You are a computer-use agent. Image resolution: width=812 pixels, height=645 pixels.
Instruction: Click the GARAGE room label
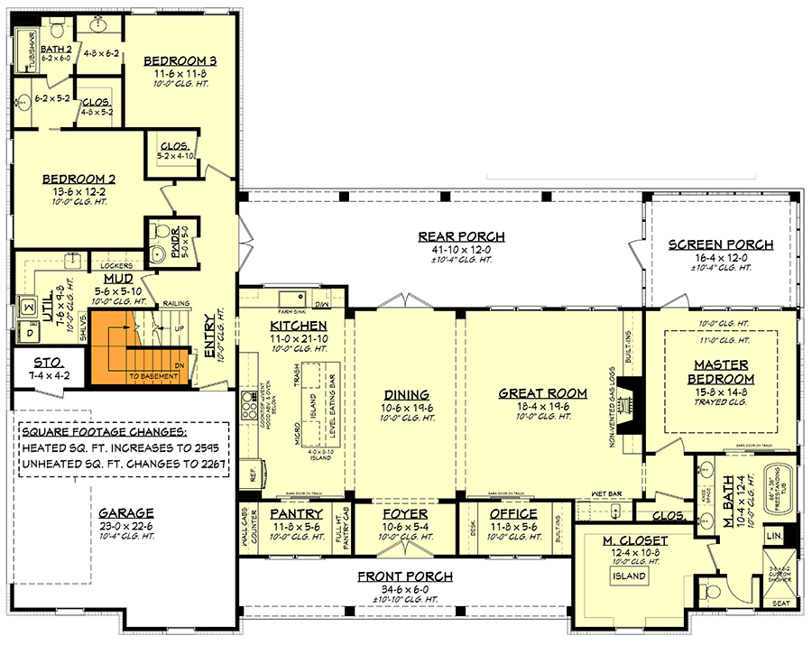126,512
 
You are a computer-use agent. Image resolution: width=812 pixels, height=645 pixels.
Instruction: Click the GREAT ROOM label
542,393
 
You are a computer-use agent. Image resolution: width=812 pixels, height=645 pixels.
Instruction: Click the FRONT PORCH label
404,576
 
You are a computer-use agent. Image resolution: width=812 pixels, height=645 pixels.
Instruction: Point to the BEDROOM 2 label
78,179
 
